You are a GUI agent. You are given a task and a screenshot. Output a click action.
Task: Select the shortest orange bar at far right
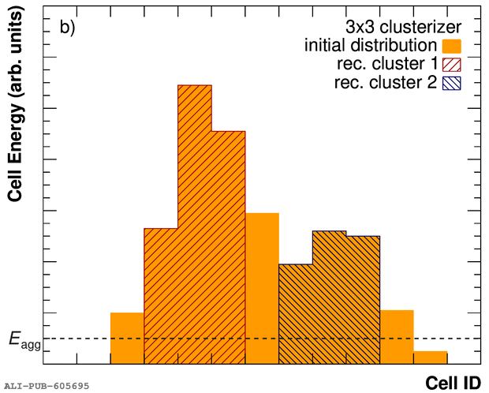pos(430,357)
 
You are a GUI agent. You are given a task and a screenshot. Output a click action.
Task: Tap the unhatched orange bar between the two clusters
pos(262,288)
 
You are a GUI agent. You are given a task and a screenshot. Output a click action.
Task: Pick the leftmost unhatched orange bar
pos(127,338)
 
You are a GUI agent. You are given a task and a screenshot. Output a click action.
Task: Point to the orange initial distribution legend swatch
pos(452,45)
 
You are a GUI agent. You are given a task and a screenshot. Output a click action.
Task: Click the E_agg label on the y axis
pos(24,340)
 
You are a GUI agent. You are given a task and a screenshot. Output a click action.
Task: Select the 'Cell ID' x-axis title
pos(453,382)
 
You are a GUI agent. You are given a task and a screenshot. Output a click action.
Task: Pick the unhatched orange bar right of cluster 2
pos(397,336)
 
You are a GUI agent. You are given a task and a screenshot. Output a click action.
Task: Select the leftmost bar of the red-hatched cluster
pos(161,296)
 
